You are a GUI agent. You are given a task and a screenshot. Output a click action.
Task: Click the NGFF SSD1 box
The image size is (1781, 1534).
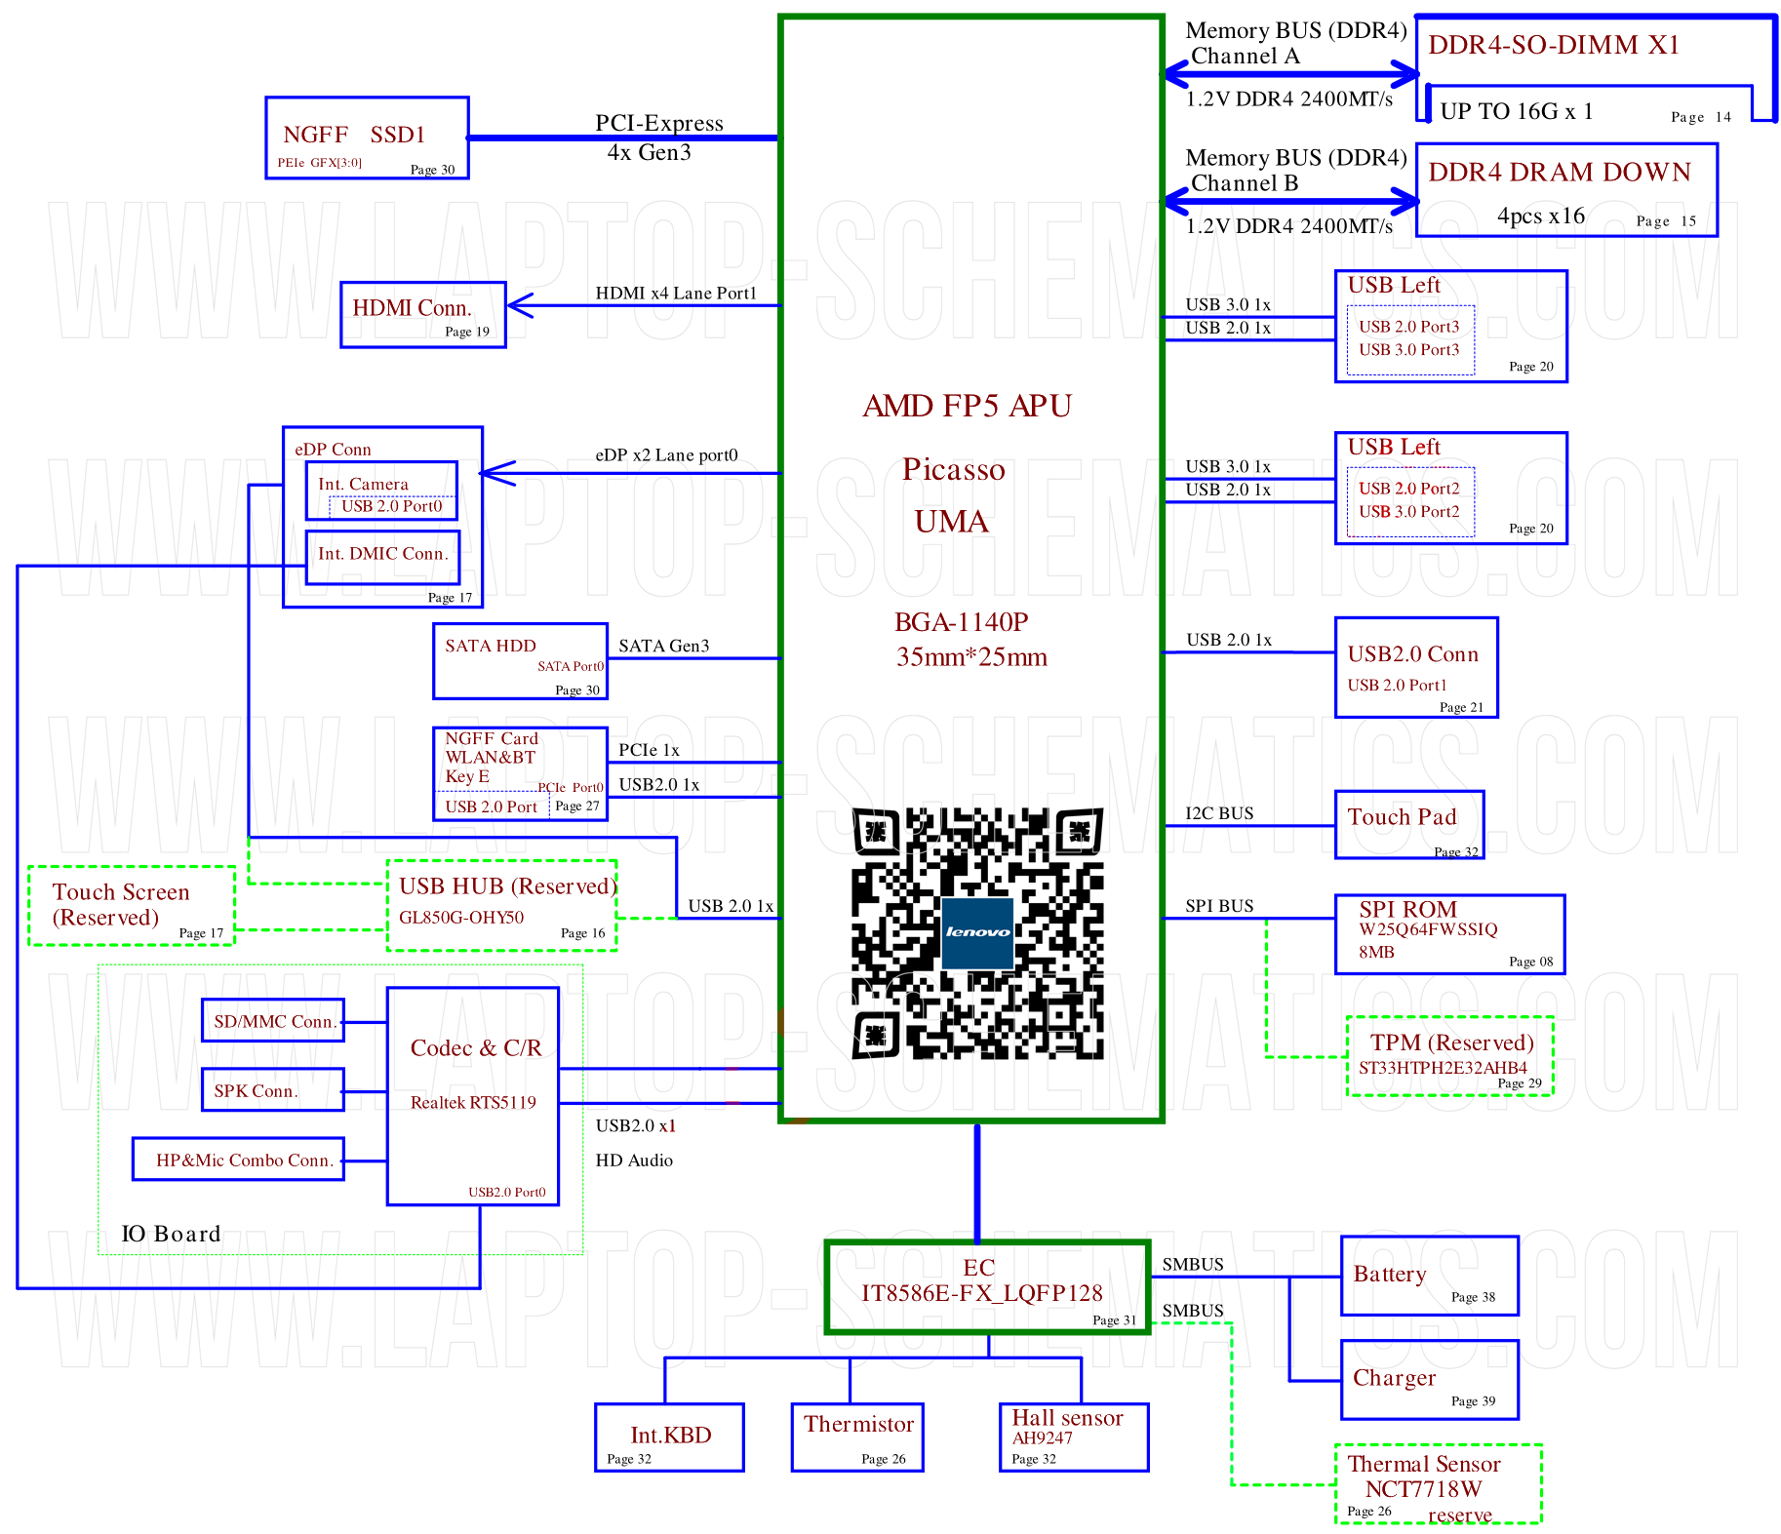click(x=367, y=138)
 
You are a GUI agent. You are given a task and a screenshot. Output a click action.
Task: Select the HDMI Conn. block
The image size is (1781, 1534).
click(x=423, y=314)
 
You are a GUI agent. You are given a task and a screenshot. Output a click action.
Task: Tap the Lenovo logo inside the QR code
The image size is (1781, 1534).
click(x=976, y=932)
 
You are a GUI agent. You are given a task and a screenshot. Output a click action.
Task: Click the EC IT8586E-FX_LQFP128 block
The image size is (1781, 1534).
click(x=988, y=1286)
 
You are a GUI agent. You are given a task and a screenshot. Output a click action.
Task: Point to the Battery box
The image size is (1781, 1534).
click(x=1429, y=1276)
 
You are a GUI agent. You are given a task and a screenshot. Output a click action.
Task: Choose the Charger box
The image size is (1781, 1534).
click(x=1429, y=1380)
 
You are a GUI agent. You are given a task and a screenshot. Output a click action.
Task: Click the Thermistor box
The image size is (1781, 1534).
click(x=857, y=1436)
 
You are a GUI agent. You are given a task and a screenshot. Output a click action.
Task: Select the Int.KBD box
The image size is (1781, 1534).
click(x=669, y=1436)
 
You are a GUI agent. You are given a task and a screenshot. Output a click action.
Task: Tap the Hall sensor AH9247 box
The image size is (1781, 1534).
click(x=1074, y=1436)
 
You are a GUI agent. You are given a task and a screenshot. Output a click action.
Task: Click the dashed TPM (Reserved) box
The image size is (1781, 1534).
click(x=1449, y=1055)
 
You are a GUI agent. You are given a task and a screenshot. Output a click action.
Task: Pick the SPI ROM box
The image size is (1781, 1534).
click(x=1449, y=934)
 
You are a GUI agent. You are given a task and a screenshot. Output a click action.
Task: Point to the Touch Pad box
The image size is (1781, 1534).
click(x=1409, y=824)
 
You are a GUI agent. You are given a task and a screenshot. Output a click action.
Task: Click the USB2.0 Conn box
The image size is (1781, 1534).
click(x=1416, y=667)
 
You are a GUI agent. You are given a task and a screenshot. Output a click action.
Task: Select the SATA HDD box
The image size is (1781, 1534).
click(x=520, y=661)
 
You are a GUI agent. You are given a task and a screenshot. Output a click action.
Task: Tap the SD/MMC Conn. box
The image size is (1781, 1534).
click(x=273, y=1020)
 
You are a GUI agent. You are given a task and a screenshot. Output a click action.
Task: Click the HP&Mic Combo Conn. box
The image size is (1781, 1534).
click(x=238, y=1159)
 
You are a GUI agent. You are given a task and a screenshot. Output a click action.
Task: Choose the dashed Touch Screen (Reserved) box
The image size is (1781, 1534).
click(x=132, y=906)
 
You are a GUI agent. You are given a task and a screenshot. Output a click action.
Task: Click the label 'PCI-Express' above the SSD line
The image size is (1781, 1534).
click(x=659, y=123)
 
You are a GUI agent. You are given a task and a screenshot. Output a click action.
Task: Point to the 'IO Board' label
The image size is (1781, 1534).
click(x=171, y=1234)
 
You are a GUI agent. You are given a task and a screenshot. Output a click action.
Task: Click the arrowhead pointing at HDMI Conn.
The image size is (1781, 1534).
click(x=519, y=305)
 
